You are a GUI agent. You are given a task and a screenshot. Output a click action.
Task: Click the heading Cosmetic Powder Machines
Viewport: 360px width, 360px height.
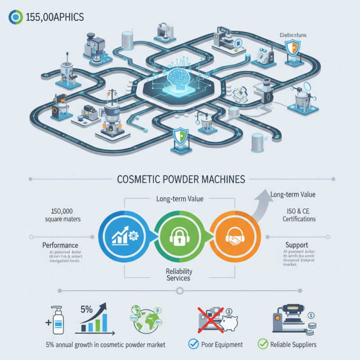tap(180, 179)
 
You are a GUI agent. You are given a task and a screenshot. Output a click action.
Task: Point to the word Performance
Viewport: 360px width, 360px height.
tap(60, 245)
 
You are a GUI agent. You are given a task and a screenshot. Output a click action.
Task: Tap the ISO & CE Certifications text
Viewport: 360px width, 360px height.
tap(299, 215)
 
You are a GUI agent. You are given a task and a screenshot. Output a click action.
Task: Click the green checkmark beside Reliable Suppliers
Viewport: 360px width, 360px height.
tap(262, 345)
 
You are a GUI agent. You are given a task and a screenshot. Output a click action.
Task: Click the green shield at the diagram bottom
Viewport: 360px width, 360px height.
tap(179, 135)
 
